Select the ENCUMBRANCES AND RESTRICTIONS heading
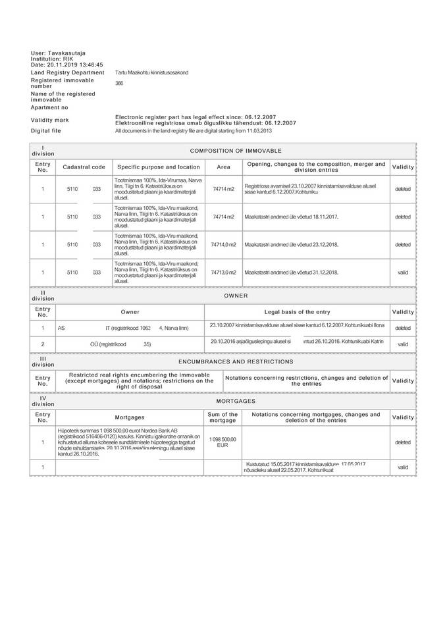[x=239, y=361]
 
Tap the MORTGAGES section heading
[x=239, y=400]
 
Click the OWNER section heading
[x=236, y=296]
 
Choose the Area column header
[x=224, y=167]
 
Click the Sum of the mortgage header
[x=223, y=417]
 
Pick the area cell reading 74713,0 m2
[x=223, y=272]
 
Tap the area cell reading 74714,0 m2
[x=223, y=244]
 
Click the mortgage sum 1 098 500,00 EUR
[x=223, y=442]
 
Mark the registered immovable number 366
[x=119, y=84]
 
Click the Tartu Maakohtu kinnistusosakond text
[x=151, y=72]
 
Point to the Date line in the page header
[x=67, y=66]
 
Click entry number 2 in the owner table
[x=43, y=344]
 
